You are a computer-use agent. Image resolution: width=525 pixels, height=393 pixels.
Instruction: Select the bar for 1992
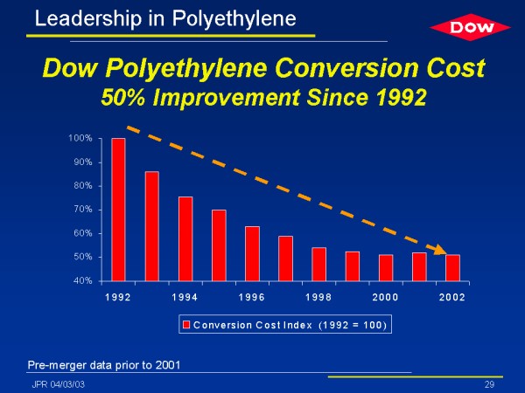[119, 210]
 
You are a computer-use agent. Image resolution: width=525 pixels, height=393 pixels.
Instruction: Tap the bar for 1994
[185, 238]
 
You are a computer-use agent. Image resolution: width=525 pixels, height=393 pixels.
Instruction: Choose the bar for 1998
[318, 264]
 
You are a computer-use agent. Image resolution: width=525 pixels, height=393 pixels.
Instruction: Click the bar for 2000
[386, 267]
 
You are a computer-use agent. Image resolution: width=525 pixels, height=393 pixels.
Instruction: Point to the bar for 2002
[452, 267]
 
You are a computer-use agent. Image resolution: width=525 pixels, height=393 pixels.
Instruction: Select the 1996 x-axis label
[252, 298]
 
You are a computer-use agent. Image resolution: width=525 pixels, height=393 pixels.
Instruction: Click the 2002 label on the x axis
[452, 298]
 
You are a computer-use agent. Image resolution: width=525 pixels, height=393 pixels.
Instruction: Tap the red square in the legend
[186, 326]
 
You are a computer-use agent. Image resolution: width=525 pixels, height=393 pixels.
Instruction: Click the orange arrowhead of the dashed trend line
[444, 251]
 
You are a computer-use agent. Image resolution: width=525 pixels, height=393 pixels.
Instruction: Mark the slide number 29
[489, 384]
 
